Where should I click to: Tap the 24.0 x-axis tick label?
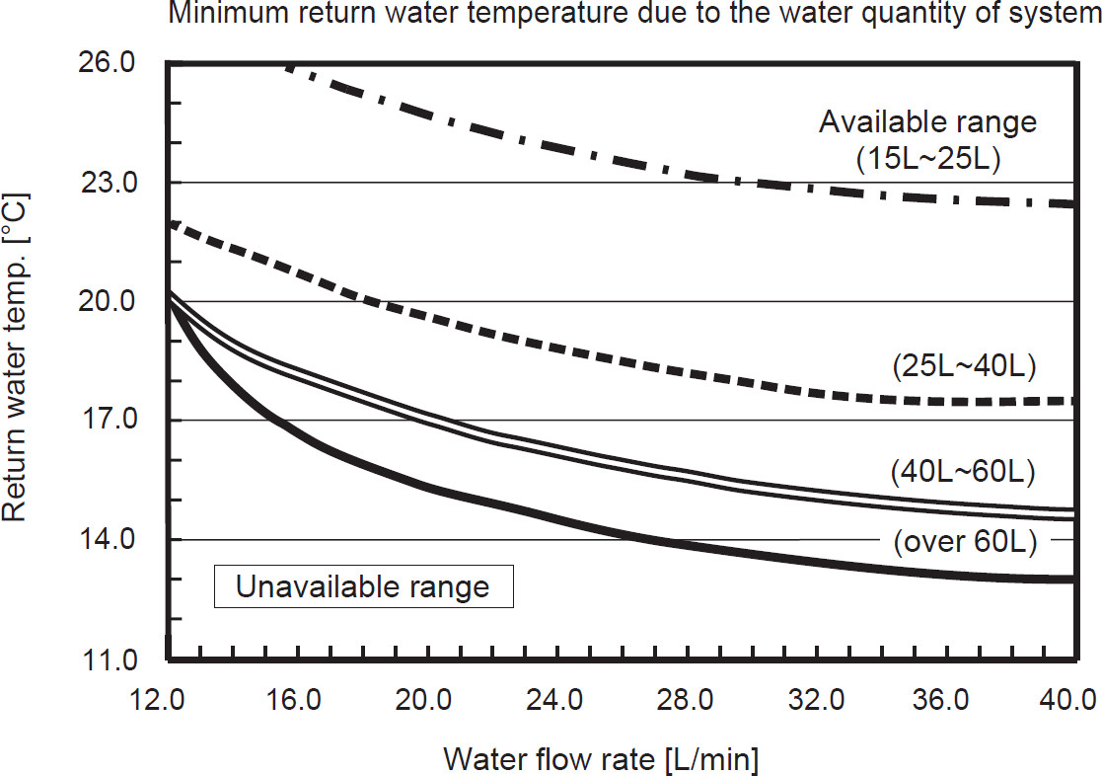[553, 702]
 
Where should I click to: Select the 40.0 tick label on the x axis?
[1069, 702]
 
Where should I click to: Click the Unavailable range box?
[362, 587]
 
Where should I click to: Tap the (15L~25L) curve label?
[928, 159]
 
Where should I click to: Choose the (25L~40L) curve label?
[962, 367]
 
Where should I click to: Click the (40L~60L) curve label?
[962, 472]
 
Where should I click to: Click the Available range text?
[928, 122]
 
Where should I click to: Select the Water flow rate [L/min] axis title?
[602, 759]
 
